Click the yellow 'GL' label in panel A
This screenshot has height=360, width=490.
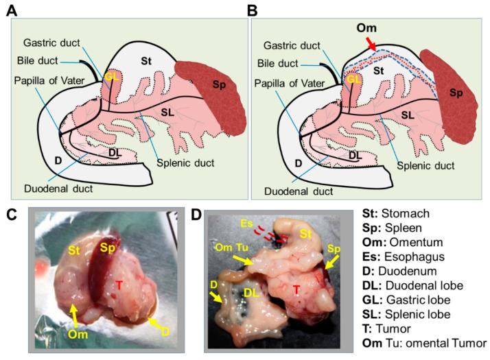pyautogui.click(x=110, y=77)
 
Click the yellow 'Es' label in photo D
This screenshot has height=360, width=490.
pyautogui.click(x=246, y=223)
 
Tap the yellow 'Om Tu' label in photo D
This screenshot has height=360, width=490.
pyautogui.click(x=227, y=246)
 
